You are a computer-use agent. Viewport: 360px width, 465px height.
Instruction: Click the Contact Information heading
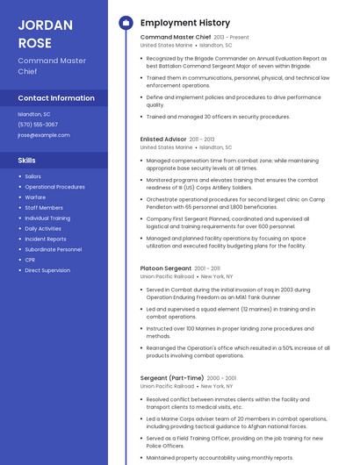(x=56, y=98)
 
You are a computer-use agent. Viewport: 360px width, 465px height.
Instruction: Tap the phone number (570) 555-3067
(x=38, y=125)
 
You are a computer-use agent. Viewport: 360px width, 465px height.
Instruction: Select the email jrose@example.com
(x=44, y=135)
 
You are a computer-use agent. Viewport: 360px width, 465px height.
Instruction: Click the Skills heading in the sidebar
(x=27, y=161)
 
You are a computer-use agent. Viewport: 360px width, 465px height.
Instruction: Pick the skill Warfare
(x=36, y=197)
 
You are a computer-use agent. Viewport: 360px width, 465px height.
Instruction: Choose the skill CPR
(x=30, y=260)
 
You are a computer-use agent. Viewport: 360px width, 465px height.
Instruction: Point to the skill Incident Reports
(x=45, y=239)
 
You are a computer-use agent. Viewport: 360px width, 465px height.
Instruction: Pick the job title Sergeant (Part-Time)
(x=171, y=377)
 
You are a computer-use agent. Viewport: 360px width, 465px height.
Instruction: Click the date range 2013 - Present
(x=232, y=38)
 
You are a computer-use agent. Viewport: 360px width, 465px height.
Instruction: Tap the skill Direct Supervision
(x=47, y=270)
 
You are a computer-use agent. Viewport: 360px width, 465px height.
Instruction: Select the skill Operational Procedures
(x=54, y=187)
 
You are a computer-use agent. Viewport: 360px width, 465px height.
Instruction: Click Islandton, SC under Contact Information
(x=34, y=114)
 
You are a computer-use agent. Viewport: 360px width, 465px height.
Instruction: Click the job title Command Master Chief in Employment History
(x=176, y=38)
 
